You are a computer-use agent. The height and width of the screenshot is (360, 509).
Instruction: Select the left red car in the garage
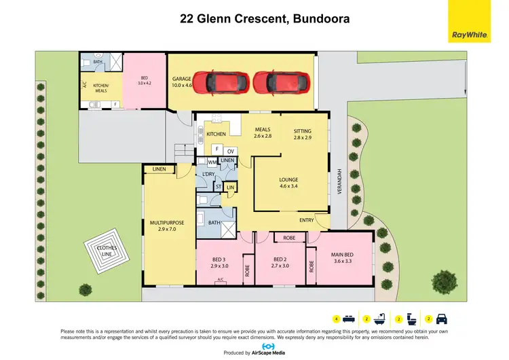pyautogui.click(x=222, y=82)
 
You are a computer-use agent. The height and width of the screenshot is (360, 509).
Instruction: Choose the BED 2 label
pyautogui.click(x=280, y=263)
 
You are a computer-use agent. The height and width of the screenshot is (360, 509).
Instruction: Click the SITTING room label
pyautogui.click(x=302, y=134)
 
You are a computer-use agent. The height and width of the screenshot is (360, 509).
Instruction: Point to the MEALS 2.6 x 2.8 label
pyautogui.click(x=262, y=133)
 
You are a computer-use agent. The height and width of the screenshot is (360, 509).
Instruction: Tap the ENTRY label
pyautogui.click(x=307, y=220)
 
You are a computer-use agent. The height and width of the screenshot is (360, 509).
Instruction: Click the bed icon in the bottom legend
pyautogui.click(x=347, y=318)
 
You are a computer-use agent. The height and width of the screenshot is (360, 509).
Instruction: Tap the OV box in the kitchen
pyautogui.click(x=231, y=150)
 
